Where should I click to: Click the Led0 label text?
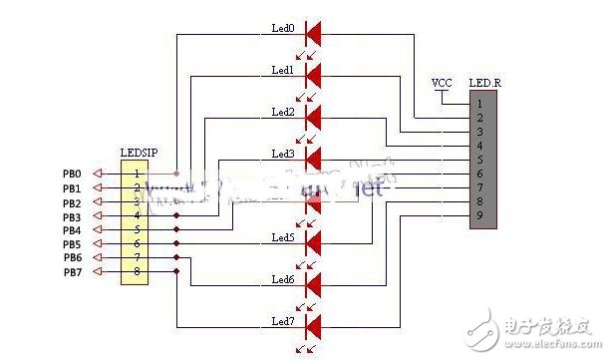tap(283, 28)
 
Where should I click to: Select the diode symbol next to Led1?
tap(313, 75)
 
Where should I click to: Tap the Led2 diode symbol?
tap(313, 117)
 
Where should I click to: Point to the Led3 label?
tap(283, 155)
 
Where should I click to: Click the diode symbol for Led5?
tap(313, 241)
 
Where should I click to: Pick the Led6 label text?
tap(283, 280)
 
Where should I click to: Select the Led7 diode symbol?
tap(313, 325)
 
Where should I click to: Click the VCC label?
tap(442, 82)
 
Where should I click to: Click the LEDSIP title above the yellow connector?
tap(139, 153)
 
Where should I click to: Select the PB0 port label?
tap(72, 174)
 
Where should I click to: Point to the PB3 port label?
tap(72, 216)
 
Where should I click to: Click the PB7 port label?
tap(72, 272)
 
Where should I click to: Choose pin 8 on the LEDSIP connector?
tap(138, 271)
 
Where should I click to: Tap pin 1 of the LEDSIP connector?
tap(138, 174)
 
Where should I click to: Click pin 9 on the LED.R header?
tap(479, 215)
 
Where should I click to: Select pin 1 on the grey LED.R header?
tap(479, 103)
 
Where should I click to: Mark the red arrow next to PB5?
tap(98, 244)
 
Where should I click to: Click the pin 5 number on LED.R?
tap(479, 160)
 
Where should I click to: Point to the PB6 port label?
tap(72, 258)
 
